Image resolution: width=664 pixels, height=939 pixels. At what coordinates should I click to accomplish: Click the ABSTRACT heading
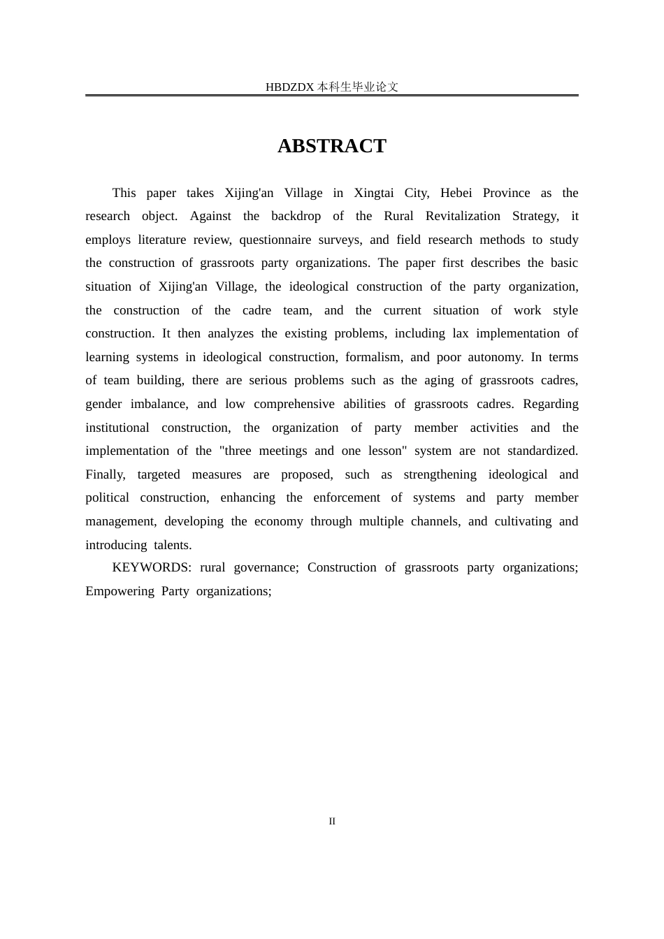pos(332,146)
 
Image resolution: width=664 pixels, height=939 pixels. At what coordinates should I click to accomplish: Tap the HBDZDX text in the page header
pos(289,87)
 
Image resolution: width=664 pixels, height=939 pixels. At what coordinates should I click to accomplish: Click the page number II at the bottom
pos(332,822)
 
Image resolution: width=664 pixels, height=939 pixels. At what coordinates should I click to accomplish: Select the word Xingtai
pos(374,193)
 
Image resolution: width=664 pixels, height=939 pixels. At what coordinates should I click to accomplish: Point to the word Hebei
pos(456,193)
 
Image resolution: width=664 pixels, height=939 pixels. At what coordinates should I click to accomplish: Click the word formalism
pos(373,357)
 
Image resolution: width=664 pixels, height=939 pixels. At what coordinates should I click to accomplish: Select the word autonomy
pos(494,357)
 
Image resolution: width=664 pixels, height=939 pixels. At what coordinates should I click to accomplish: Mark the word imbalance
pos(159,404)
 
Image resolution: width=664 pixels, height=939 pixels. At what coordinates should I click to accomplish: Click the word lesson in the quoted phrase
pos(387,451)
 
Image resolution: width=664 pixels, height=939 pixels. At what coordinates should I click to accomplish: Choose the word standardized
pos(542,451)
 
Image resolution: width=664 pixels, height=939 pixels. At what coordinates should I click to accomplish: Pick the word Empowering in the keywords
pos(117,591)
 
